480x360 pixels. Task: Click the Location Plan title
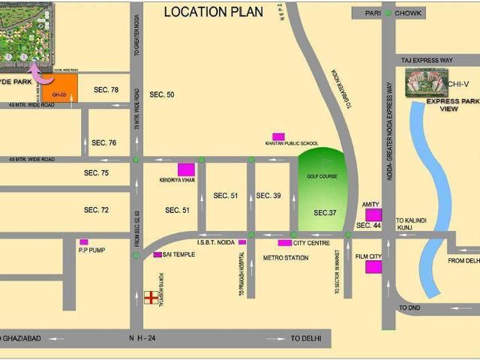pos(213,11)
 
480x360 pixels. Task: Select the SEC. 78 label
pos(106,90)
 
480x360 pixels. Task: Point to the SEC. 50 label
pos(161,94)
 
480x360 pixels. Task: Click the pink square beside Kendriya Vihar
pos(186,169)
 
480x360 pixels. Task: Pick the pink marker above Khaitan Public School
pos(278,136)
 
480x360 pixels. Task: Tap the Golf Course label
pos(322,176)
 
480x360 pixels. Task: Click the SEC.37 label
pos(325,213)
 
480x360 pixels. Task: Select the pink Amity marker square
pos(373,215)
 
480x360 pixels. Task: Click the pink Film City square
pos(373,267)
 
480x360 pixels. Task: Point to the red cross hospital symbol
pos(151,298)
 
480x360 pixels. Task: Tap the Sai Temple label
pos(178,255)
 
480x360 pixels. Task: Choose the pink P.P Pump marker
pos(83,242)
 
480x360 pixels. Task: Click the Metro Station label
pos(286,257)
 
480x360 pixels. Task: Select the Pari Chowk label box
pos(387,13)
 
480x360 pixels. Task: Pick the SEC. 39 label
pos(268,196)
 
